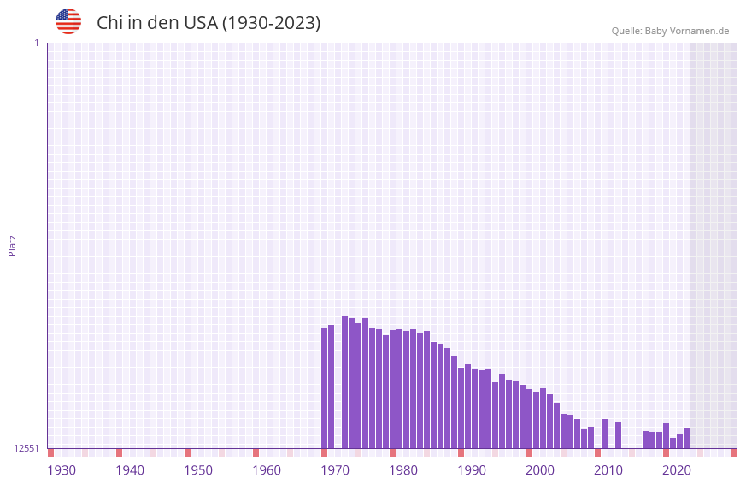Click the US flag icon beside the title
tap(68, 21)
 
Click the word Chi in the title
tap(110, 23)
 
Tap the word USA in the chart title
tap(201, 23)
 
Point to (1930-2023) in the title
tap(272, 23)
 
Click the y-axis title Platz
tap(12, 245)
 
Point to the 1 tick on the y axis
tap(36, 43)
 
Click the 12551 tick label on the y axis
tap(26, 448)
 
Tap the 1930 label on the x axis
tap(62, 470)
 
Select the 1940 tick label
tap(130, 470)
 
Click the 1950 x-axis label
tap(198, 470)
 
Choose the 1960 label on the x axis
tap(267, 470)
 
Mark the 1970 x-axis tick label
tap(335, 470)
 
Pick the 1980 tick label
tap(403, 470)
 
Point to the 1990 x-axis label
tap(472, 470)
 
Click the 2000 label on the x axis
tap(540, 470)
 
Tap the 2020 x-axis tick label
tap(677, 470)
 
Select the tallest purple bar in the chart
tap(344, 382)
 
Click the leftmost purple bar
tap(324, 388)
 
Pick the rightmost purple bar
tap(686, 438)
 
